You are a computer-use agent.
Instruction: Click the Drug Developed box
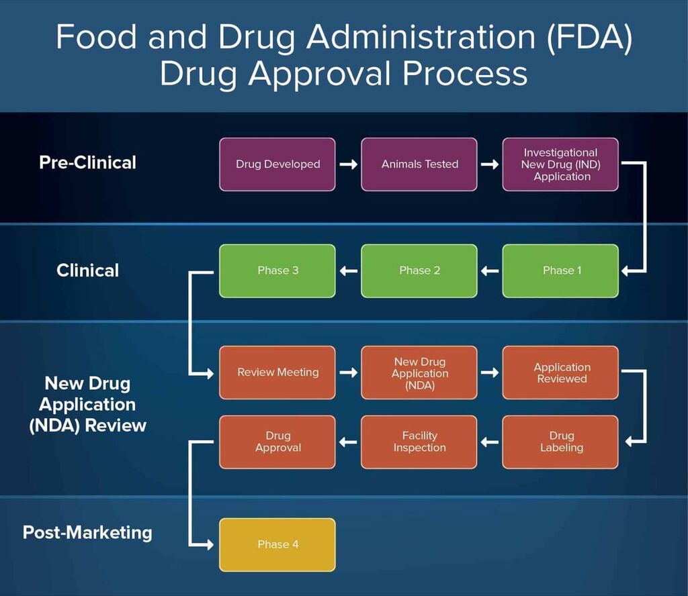coord(277,164)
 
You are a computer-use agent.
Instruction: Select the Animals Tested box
coord(419,164)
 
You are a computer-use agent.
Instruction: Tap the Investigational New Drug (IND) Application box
coord(560,164)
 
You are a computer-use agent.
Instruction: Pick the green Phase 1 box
coord(560,270)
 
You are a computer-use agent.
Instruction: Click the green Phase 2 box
coord(419,270)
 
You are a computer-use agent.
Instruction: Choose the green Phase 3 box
coord(277,270)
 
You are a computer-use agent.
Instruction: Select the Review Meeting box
coord(277,372)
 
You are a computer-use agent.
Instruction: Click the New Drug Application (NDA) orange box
coord(419,372)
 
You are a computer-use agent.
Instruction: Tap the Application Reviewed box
coord(560,372)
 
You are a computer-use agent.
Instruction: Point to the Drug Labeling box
coord(560,442)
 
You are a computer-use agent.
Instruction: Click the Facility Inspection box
coord(419,442)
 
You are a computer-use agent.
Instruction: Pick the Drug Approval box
coord(277,442)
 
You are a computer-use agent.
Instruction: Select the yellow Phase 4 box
coord(277,544)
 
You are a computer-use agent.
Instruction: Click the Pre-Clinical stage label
coord(87,162)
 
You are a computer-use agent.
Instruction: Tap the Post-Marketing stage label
coord(87,532)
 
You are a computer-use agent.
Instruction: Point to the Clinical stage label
coord(87,270)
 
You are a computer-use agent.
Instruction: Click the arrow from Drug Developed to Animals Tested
coord(348,164)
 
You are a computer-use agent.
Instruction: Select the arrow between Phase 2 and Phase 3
coord(348,270)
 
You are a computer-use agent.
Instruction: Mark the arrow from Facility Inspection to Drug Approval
coord(348,442)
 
